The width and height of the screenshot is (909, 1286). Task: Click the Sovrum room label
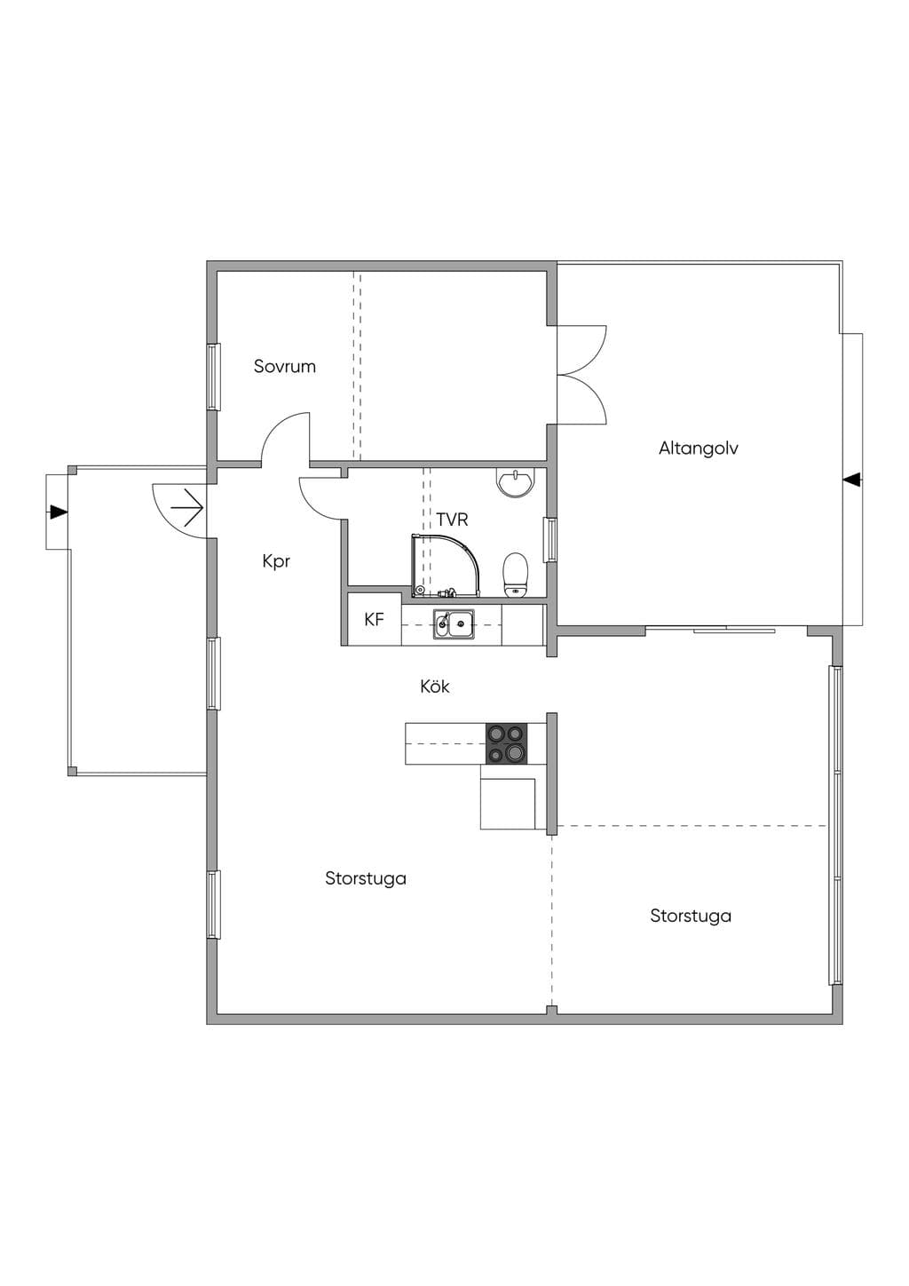coord(285,366)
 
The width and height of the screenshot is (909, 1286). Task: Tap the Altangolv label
coord(698,449)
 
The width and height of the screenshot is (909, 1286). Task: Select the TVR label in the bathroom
coord(452,520)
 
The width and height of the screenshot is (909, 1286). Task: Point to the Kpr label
coord(276,561)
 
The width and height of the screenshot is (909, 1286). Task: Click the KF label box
coord(374,619)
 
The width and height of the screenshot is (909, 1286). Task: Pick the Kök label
coord(434,686)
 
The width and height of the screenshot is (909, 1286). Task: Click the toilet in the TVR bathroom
coord(515,575)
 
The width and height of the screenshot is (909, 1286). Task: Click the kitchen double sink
coord(454,623)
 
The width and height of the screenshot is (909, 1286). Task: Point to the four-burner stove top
coord(506,742)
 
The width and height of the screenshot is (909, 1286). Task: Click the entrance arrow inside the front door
coord(186,507)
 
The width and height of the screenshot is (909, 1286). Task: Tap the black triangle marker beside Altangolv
coord(853,479)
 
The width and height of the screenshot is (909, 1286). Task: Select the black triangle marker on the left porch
coord(58,512)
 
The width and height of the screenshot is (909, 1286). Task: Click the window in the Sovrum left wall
coord(213,377)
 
